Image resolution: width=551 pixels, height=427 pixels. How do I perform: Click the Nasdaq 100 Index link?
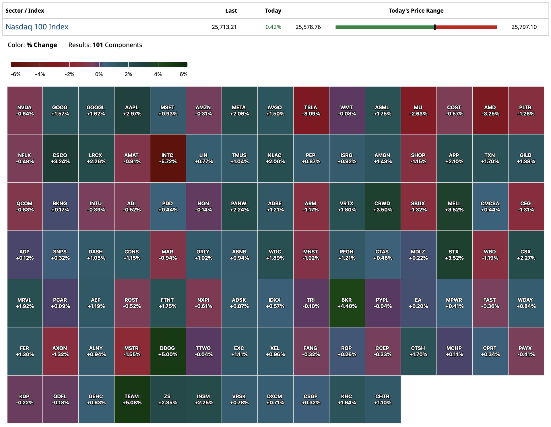pyautogui.click(x=37, y=27)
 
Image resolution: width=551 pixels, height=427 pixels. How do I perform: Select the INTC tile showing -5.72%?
pyautogui.click(x=168, y=158)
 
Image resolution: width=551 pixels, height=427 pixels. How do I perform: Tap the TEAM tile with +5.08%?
pyautogui.click(x=132, y=399)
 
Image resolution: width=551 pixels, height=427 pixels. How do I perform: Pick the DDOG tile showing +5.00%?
pyautogui.click(x=168, y=351)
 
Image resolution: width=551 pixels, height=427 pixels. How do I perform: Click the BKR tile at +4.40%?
pyautogui.click(x=347, y=303)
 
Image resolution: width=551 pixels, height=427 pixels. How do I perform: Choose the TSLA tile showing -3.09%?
pyautogui.click(x=311, y=110)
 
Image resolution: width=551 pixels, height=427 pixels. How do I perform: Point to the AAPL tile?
pyautogui.click(x=132, y=110)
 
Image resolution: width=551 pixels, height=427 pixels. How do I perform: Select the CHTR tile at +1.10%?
pyautogui.click(x=383, y=399)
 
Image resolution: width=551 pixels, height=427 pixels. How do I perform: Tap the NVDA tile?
pyautogui.click(x=25, y=110)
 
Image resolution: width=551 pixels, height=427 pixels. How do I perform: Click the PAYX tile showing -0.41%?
pyautogui.click(x=526, y=351)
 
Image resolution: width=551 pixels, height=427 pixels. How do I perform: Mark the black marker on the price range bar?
pyautogui.click(x=435, y=27)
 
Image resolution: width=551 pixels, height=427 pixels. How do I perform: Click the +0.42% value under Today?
pyautogui.click(x=271, y=27)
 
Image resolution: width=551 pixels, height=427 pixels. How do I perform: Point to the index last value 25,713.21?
pyautogui.click(x=224, y=27)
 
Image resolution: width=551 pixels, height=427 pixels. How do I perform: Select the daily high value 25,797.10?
pyautogui.click(x=524, y=27)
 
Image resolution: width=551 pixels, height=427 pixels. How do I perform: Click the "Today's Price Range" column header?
pyautogui.click(x=416, y=11)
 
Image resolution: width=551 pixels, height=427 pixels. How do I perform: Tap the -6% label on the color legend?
pyautogui.click(x=16, y=74)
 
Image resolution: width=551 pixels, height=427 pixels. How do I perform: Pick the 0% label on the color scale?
pyautogui.click(x=99, y=74)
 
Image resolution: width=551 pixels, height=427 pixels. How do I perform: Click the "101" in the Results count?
pyautogui.click(x=98, y=45)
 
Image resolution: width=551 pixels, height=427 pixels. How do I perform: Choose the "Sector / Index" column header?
pyautogui.click(x=25, y=11)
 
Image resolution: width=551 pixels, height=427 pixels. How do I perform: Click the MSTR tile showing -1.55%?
pyautogui.click(x=132, y=351)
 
